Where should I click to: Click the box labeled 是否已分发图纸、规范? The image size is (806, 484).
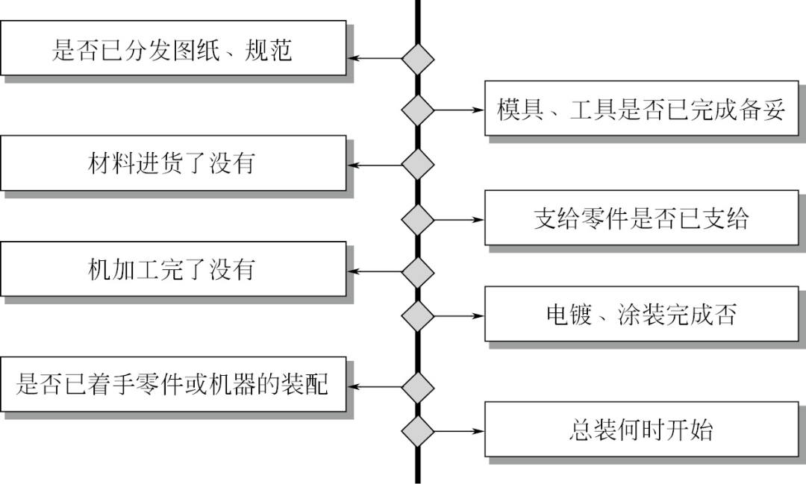click(172, 48)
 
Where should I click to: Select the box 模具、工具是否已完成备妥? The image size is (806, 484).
click(641, 109)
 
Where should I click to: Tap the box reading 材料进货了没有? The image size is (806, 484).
click(172, 163)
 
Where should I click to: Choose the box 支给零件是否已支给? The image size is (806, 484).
click(641, 219)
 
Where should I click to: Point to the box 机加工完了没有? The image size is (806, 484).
click(172, 269)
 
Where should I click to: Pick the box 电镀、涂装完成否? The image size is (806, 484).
click(641, 315)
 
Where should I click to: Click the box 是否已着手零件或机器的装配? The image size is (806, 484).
click(172, 385)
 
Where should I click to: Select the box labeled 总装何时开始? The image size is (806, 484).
click(641, 430)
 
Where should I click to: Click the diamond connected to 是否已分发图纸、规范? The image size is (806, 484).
click(418, 58)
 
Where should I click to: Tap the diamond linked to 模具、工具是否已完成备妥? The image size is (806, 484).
click(418, 110)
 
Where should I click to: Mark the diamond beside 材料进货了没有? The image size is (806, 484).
click(418, 164)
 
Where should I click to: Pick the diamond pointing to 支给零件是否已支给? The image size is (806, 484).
click(418, 219)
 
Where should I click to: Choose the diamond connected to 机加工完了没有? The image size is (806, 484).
click(418, 271)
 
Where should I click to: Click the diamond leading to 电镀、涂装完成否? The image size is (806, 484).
click(418, 315)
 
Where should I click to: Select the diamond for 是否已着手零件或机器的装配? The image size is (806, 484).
click(418, 387)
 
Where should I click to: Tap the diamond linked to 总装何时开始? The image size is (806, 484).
click(418, 430)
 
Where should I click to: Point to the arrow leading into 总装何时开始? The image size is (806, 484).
click(458, 430)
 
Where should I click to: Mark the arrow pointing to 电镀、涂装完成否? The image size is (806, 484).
click(458, 315)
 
